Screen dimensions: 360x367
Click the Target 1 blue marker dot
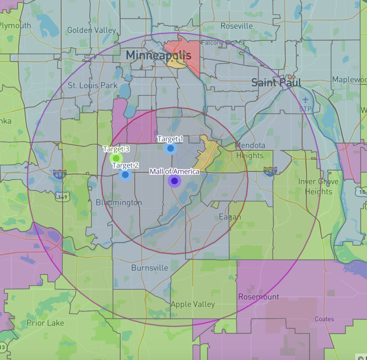pyautogui.click(x=171, y=148)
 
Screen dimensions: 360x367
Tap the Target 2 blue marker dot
pyautogui.click(x=125, y=175)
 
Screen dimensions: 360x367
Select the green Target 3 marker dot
pyautogui.click(x=116, y=158)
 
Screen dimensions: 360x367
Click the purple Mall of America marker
pyautogui.click(x=175, y=181)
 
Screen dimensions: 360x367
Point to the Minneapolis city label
pyautogui.click(x=158, y=55)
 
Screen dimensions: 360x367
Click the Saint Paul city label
pyautogui.click(x=276, y=82)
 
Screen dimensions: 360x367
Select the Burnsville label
pyautogui.click(x=149, y=268)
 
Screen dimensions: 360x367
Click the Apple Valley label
pyautogui.click(x=192, y=304)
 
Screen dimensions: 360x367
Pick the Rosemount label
pyautogui.click(x=259, y=297)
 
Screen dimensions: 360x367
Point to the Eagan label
pyautogui.click(x=230, y=217)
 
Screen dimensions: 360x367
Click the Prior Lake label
pyautogui.click(x=45, y=323)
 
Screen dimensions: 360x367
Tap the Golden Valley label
pyautogui.click(x=91, y=30)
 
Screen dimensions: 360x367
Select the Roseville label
pyautogui.click(x=237, y=26)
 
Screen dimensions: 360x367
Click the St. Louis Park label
pyautogui.click(x=93, y=85)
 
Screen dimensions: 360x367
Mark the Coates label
pyautogui.click(x=324, y=319)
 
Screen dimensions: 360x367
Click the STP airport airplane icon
pyautogui.click(x=305, y=100)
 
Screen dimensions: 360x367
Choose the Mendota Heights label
pyautogui.click(x=250, y=151)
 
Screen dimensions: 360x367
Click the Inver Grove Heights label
pyautogui.click(x=318, y=186)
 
